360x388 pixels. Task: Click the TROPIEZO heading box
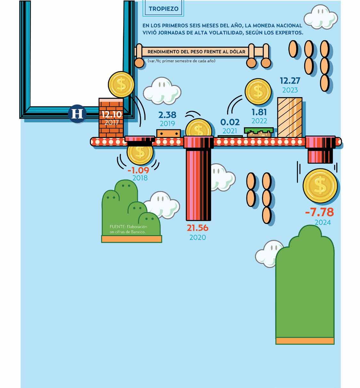tap(164, 9)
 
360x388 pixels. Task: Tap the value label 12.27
tap(290, 80)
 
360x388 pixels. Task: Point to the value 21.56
tap(197, 228)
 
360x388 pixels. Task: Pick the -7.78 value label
tap(319, 212)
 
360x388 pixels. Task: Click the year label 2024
tap(322, 222)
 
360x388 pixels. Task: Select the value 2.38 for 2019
tap(167, 115)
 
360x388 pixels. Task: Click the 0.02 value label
tap(230, 122)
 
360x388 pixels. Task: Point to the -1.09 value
tap(138, 170)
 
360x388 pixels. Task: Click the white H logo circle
tap(77, 114)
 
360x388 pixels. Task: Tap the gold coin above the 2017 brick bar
tap(121, 84)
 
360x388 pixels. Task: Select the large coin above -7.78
tap(320, 186)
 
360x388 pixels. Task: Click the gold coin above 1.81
tap(258, 92)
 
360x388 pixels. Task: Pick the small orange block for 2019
tap(168, 133)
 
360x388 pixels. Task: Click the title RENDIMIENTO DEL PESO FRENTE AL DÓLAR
tap(196, 52)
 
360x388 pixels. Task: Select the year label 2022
tap(259, 121)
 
